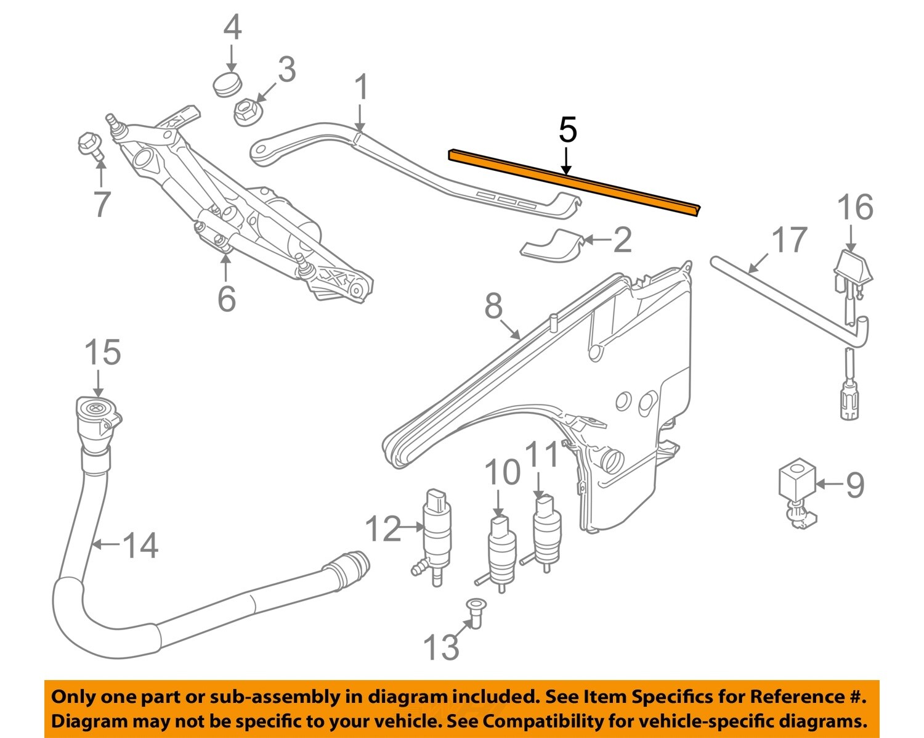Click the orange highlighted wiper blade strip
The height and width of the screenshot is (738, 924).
pos(573,181)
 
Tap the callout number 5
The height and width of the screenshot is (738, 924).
pos(567,130)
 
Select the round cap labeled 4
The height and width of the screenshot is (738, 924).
pos(227,83)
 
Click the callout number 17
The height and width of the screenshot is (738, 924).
pos(789,240)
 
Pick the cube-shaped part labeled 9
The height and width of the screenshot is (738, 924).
pos(797,478)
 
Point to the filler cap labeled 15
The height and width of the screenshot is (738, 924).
pos(96,413)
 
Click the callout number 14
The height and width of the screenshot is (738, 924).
pos(140,545)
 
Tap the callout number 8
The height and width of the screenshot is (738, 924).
pos(493,305)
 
